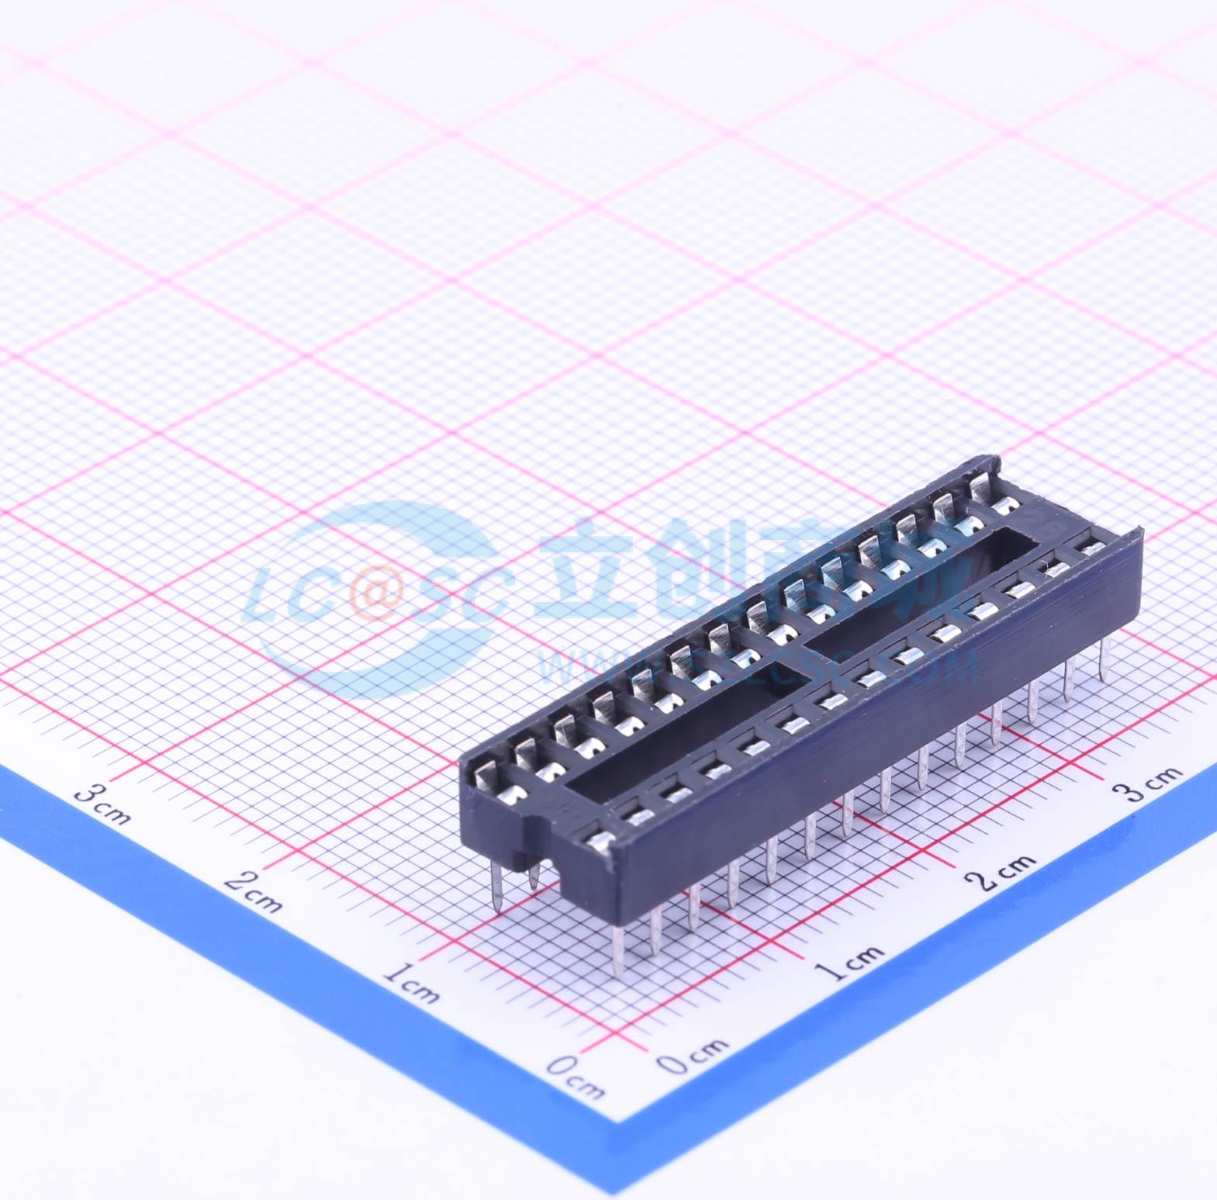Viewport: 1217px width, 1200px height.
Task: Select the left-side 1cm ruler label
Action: coord(411,983)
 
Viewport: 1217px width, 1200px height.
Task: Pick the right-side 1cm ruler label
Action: coord(852,961)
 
